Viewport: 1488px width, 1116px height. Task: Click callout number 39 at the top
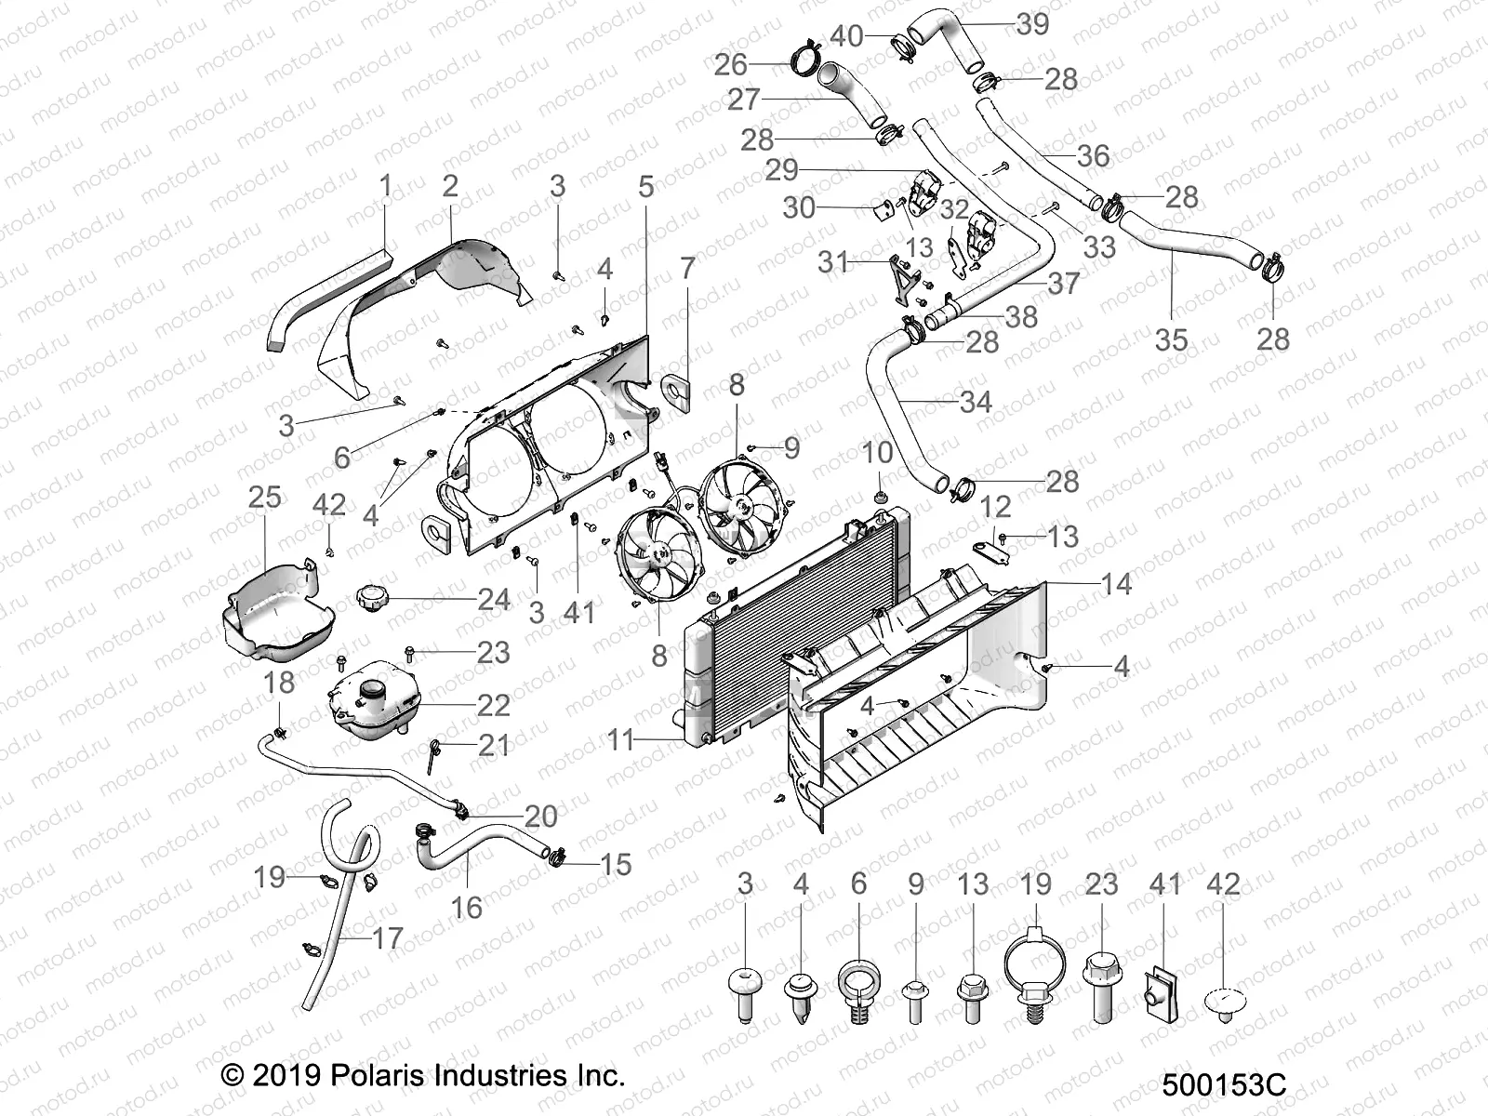1032,23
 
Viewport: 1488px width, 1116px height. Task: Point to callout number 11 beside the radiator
620,740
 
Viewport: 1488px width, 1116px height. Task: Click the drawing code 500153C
1223,1084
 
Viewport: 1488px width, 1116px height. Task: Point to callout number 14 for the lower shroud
1116,584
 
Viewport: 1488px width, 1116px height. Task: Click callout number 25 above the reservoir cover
264,497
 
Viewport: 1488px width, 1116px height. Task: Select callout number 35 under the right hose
1171,339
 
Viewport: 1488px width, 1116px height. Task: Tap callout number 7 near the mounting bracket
687,270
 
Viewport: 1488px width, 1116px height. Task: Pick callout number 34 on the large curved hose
976,402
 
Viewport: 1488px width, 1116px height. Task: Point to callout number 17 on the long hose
388,938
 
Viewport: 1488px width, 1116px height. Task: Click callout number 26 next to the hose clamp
730,64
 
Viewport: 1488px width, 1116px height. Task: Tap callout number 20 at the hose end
541,816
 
